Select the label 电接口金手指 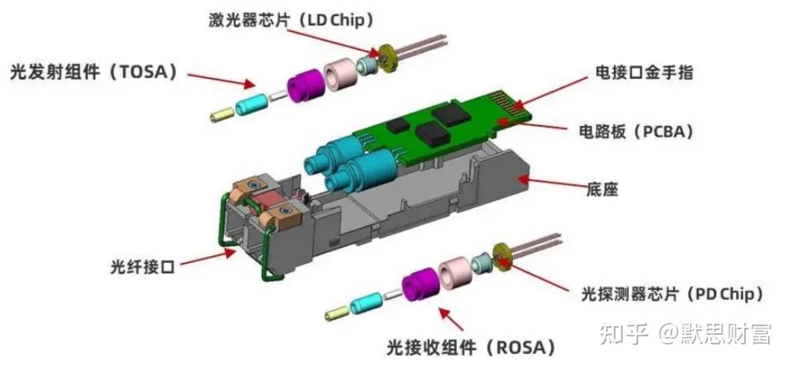tap(644, 73)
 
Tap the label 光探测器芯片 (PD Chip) tap(672, 293)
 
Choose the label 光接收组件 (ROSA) tap(471, 347)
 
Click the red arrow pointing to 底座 tap(555, 186)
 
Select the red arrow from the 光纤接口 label tap(204, 257)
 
